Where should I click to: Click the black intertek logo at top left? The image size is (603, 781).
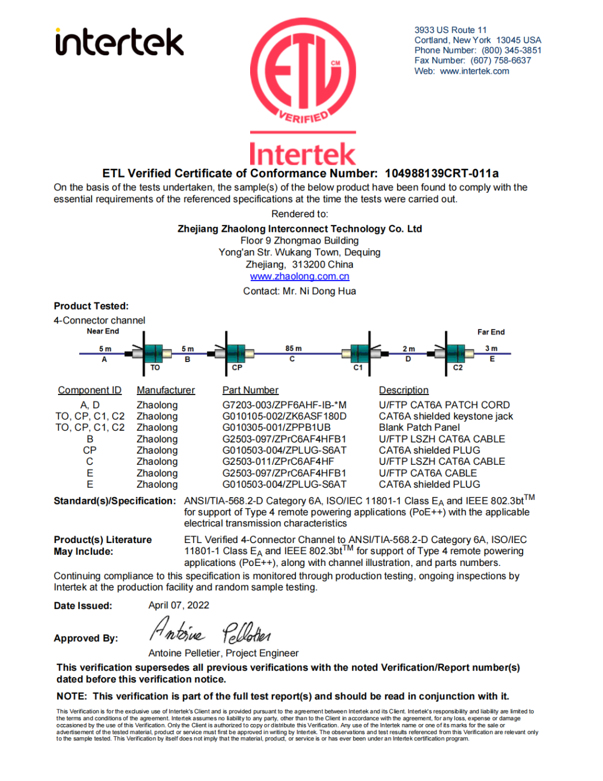tap(119, 42)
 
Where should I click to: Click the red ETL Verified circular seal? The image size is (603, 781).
tap(303, 72)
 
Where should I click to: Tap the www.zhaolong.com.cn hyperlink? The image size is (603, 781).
tap(299, 276)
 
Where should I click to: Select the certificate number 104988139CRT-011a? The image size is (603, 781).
tap(442, 173)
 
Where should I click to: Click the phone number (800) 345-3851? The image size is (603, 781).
tap(511, 50)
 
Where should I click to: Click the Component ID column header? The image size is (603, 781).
tap(89, 390)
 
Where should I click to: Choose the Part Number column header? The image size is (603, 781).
tap(250, 390)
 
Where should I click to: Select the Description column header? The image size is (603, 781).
tap(404, 390)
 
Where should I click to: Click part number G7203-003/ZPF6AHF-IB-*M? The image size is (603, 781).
tap(284, 405)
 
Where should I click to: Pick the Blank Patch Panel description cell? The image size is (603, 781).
tap(419, 427)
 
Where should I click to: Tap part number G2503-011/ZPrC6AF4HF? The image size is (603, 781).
tap(278, 461)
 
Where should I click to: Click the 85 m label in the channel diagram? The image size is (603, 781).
tap(293, 349)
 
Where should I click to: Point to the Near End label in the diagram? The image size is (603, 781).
tap(103, 331)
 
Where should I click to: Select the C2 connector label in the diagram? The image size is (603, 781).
tap(458, 368)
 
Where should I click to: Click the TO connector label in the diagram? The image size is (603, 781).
tap(155, 368)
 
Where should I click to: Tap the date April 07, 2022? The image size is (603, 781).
tap(179, 605)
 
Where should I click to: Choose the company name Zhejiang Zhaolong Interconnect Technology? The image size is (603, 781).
tap(299, 228)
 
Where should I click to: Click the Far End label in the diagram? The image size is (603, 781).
tap(491, 332)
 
